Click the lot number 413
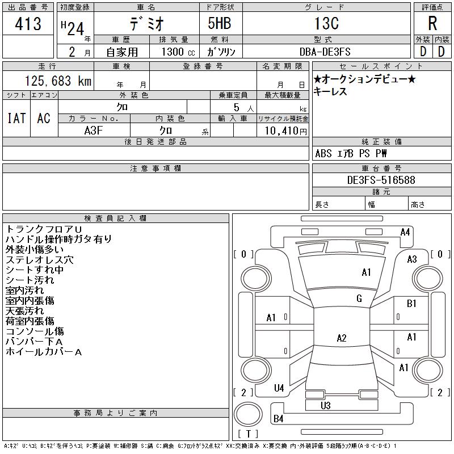tap(28, 24)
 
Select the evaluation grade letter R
tap(432, 24)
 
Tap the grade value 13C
tap(326, 24)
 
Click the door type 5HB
tap(219, 24)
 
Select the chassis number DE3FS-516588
tap(381, 180)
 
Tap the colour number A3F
tap(94, 130)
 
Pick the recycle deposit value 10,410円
tap(283, 131)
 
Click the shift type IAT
tap(16, 118)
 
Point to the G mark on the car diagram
tap(359, 299)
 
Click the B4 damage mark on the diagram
tap(278, 419)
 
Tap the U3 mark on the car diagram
tap(325, 406)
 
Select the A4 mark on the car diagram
tap(405, 232)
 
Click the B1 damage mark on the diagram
tap(412, 304)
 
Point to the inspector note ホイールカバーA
tap(44, 352)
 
